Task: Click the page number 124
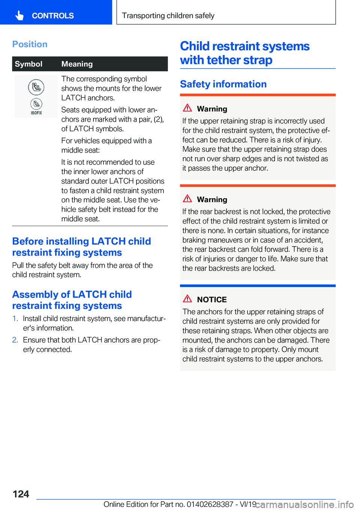(21, 494)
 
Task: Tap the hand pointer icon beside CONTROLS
(19, 15)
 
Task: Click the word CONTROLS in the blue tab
(53, 16)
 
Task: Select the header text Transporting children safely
(168, 16)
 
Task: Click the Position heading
(30, 44)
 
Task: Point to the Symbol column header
(28, 64)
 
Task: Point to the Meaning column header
(77, 64)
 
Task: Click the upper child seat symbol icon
(36, 87)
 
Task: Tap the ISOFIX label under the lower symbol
(36, 113)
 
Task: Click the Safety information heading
(223, 84)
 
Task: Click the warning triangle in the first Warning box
(187, 108)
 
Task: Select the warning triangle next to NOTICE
(187, 299)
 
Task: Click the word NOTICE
(212, 300)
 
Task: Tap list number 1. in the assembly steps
(15, 319)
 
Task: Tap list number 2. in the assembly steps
(15, 340)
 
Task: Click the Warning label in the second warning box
(212, 200)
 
